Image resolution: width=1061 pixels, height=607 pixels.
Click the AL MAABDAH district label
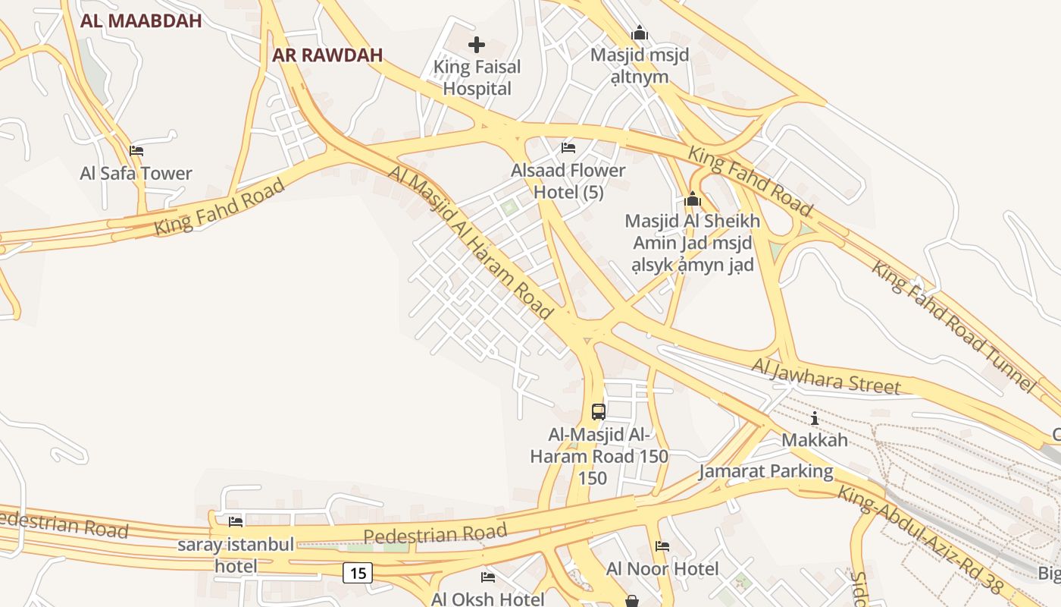point(141,21)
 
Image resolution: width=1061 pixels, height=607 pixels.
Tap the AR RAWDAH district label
point(327,55)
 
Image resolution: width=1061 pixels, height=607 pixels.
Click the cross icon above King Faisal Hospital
point(477,45)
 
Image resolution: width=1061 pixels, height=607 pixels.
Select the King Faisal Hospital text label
point(477,77)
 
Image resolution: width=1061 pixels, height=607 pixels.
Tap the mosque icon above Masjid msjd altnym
point(640,33)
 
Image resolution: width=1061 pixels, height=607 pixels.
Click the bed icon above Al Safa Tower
point(136,150)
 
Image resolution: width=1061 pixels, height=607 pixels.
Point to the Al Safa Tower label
point(136,173)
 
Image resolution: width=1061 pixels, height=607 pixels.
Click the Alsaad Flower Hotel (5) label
point(568,181)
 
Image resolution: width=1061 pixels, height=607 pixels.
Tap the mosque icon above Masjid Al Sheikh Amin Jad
point(692,200)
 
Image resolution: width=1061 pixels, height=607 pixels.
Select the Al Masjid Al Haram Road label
point(470,241)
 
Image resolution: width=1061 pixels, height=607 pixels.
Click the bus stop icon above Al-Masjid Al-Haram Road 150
point(599,412)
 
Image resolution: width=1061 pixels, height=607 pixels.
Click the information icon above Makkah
point(815,418)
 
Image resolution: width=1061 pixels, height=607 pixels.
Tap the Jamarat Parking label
point(765,471)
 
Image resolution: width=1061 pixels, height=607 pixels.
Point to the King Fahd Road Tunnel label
point(953,326)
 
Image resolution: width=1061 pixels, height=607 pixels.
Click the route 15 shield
point(358,573)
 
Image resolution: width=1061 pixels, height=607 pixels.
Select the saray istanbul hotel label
point(236,555)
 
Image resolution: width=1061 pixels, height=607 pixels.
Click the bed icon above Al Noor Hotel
point(662,546)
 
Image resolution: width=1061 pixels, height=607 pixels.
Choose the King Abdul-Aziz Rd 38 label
point(921,539)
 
